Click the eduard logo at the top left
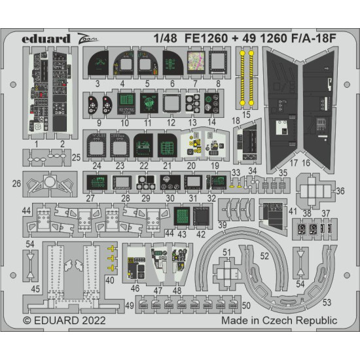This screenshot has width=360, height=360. pos(46,38)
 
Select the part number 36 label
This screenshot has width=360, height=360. pos(339,191)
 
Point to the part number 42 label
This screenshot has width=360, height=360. pos(201,234)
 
